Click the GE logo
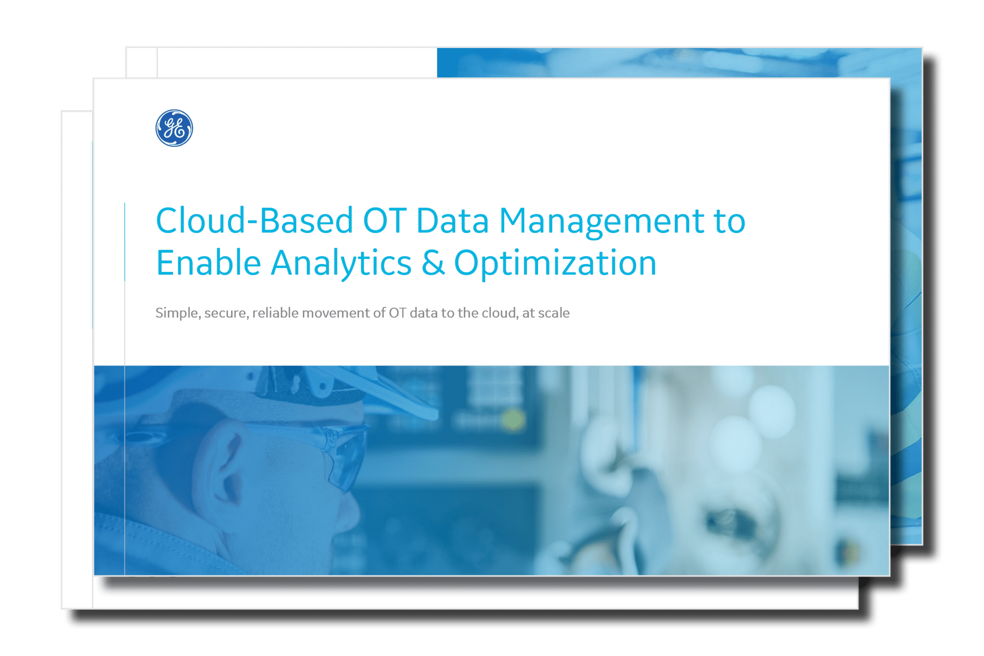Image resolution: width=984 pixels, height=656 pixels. click(x=174, y=128)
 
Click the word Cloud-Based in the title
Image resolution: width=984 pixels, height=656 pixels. click(x=255, y=221)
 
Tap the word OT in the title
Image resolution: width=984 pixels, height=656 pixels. click(x=385, y=221)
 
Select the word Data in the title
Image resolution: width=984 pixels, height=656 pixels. click(x=453, y=221)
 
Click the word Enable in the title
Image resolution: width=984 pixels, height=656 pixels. click(x=209, y=263)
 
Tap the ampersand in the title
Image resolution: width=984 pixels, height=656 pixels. click(x=433, y=263)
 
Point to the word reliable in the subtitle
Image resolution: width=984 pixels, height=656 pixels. click(x=275, y=313)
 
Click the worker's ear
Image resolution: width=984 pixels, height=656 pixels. click(x=226, y=464)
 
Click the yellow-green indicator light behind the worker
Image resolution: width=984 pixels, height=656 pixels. click(x=513, y=419)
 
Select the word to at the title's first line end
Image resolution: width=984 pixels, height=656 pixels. click(x=730, y=222)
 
